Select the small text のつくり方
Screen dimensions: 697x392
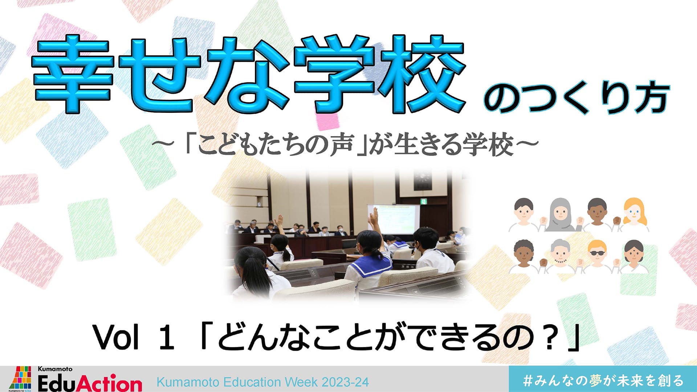click(576, 98)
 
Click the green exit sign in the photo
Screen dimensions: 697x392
click(423, 201)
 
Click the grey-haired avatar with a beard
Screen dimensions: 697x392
click(560, 256)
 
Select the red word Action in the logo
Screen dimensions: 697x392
click(110, 383)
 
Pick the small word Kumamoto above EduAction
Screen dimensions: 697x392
click(55, 369)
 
